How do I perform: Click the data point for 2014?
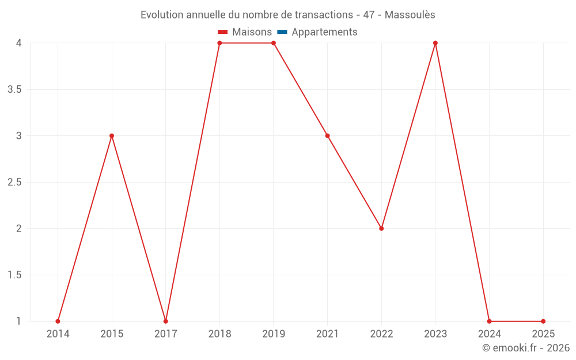[x=58, y=321]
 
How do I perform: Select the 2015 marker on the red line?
[x=112, y=136]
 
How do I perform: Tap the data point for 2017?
[x=166, y=321]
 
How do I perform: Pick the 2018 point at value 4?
[x=219, y=43]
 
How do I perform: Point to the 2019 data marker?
[x=274, y=43]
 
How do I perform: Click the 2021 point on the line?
[x=327, y=136]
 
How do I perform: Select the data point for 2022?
[x=381, y=229]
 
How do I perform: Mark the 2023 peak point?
[x=435, y=43]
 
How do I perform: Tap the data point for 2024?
[x=489, y=321]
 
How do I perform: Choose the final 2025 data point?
[x=543, y=321]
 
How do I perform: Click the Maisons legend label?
[x=252, y=32]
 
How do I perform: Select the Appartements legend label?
[x=324, y=32]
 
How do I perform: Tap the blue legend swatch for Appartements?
[x=282, y=32]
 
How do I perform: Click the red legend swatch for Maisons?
[x=223, y=32]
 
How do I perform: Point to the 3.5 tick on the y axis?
[x=15, y=90]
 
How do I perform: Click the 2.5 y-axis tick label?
[x=15, y=183]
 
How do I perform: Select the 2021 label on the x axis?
[x=327, y=334]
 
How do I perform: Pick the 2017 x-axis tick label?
[x=166, y=334]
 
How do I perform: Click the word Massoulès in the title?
[x=410, y=15]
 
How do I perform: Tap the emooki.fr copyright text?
[x=526, y=348]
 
